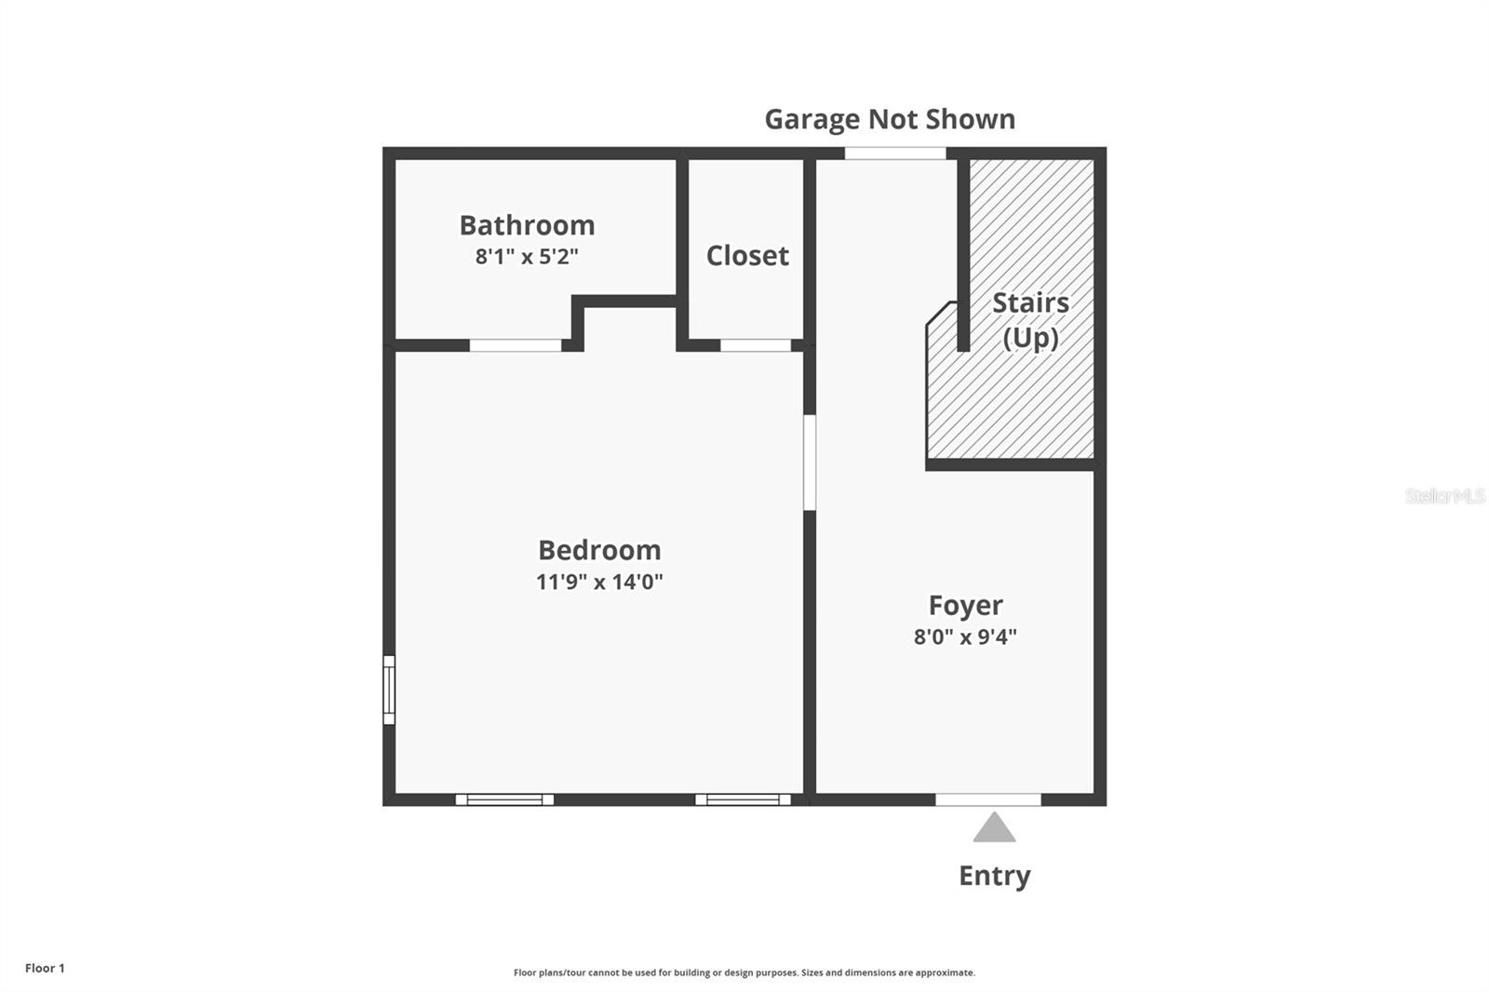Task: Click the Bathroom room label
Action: (x=527, y=225)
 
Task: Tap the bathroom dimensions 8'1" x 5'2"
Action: (x=527, y=257)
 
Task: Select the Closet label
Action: (x=747, y=256)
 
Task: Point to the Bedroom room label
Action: (x=599, y=550)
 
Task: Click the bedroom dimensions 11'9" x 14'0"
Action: (x=599, y=583)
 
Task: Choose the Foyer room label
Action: (x=965, y=606)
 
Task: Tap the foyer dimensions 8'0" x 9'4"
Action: (x=965, y=637)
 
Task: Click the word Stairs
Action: (x=1030, y=302)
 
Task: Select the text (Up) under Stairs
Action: (x=1030, y=337)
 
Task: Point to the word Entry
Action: (x=994, y=876)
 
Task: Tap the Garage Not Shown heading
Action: (x=890, y=119)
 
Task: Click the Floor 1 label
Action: (x=45, y=969)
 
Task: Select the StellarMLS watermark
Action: (x=1444, y=496)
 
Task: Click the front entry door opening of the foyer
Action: (x=987, y=799)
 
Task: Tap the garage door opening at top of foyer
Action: (x=894, y=154)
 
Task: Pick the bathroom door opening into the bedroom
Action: (x=515, y=345)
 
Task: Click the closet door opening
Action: (x=756, y=345)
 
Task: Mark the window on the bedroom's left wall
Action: (x=389, y=690)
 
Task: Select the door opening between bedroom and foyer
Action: (x=810, y=462)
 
